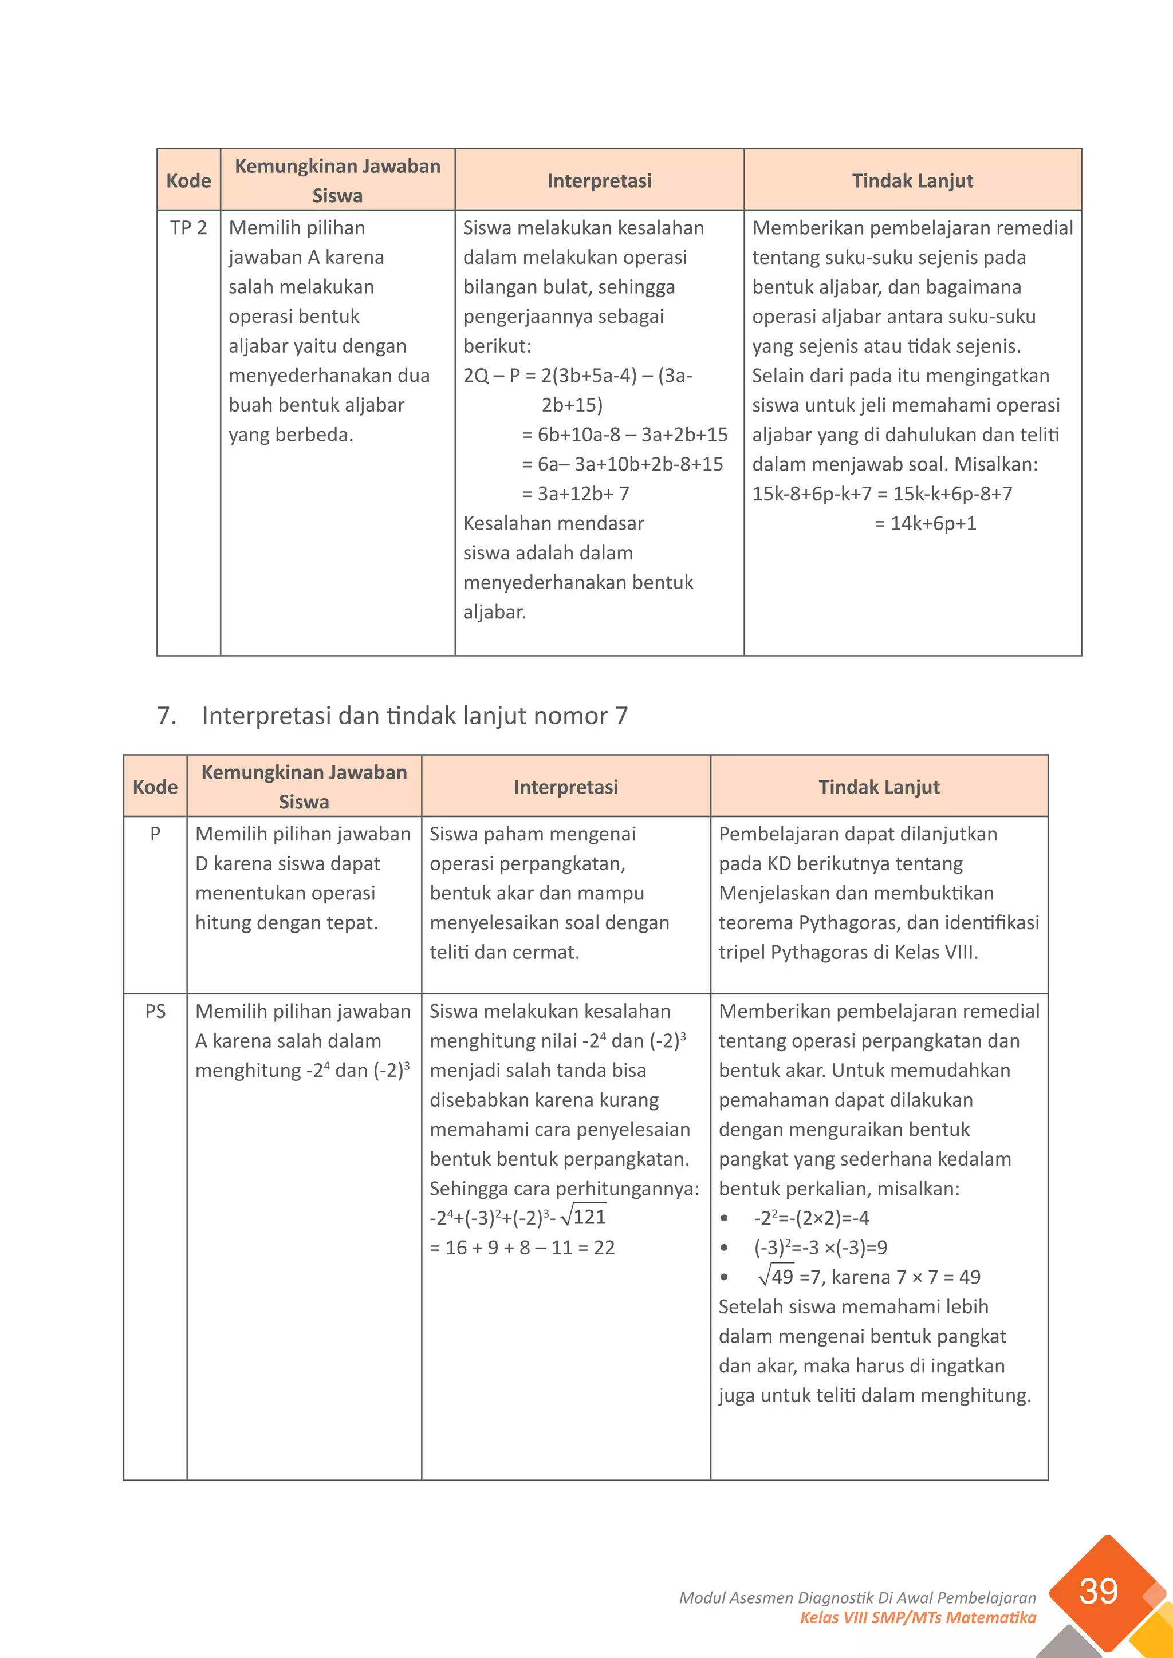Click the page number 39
[x=1098, y=1591]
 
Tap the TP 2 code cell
[x=188, y=228]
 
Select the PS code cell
[x=155, y=1011]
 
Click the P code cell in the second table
[x=155, y=834]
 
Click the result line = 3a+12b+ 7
[x=576, y=494]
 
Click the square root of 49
[x=776, y=1277]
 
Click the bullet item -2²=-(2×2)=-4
[x=811, y=1218]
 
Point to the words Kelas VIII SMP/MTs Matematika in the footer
[x=918, y=1617]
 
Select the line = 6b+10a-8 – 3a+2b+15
[x=625, y=435]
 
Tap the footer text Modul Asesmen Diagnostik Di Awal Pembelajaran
[x=857, y=1598]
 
